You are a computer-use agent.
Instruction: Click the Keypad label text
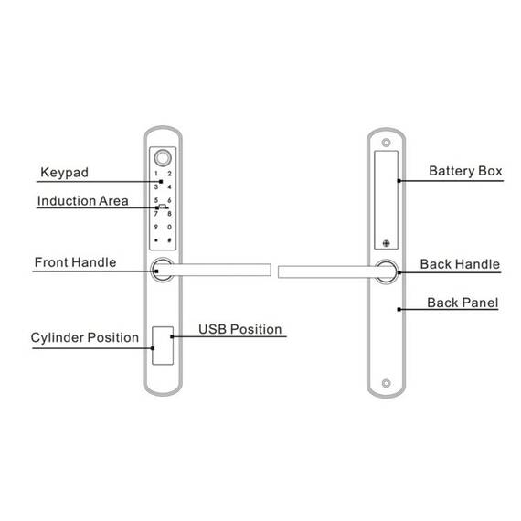65,173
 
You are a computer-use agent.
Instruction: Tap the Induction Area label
83,201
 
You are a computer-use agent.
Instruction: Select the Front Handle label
76,262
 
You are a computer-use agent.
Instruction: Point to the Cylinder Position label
85,337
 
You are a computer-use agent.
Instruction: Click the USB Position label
240,329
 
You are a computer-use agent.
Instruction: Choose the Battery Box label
465,171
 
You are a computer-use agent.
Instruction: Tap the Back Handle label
460,264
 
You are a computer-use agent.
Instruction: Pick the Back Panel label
463,303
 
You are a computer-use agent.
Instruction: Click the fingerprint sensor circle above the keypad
163,158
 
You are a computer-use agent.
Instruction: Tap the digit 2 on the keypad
169,174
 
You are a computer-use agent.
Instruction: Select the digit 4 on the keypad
169,186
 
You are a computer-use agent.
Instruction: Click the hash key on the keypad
169,239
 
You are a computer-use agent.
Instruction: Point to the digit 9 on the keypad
155,227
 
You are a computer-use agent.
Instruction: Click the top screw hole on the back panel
386,143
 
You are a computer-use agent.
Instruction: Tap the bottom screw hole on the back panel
386,383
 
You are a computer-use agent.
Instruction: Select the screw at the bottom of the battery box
386,243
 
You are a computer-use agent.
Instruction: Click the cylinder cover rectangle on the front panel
163,346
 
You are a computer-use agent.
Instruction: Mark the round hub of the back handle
387,271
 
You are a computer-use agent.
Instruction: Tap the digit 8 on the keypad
169,214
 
